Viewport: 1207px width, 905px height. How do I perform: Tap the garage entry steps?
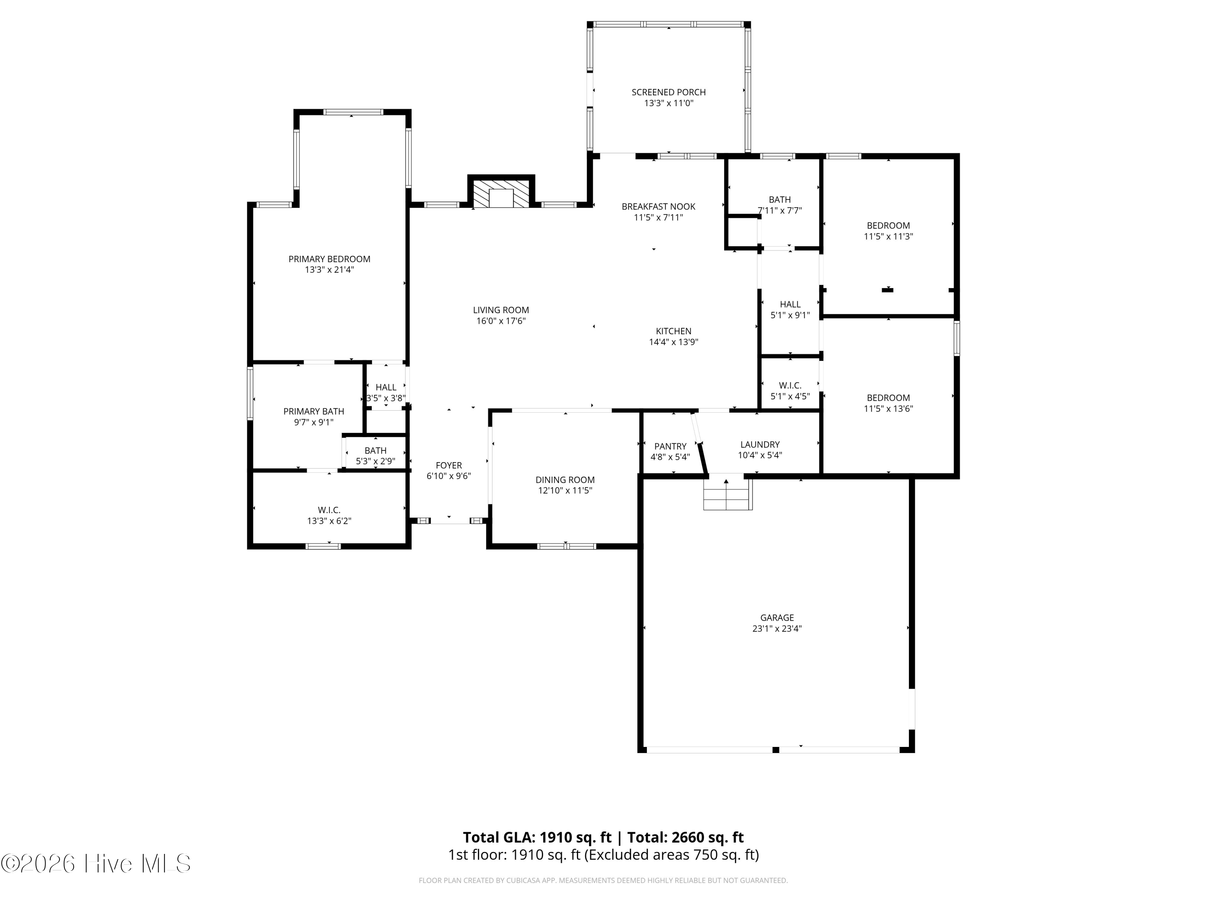(727, 494)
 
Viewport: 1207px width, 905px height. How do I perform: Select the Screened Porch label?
(668, 92)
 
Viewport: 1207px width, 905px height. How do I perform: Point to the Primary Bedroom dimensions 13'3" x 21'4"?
(330, 269)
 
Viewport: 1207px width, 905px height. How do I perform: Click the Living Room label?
(501, 310)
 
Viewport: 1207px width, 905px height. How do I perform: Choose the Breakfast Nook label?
(659, 207)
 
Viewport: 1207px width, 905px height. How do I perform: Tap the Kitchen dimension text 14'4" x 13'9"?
(674, 342)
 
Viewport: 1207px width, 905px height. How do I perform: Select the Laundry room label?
(760, 444)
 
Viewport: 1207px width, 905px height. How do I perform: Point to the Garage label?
(777, 617)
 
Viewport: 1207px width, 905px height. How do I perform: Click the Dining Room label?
(565, 480)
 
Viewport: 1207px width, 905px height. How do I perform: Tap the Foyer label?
(449, 465)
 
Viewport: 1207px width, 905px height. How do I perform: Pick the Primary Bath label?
(314, 411)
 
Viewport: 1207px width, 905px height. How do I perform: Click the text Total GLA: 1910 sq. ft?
(538, 837)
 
